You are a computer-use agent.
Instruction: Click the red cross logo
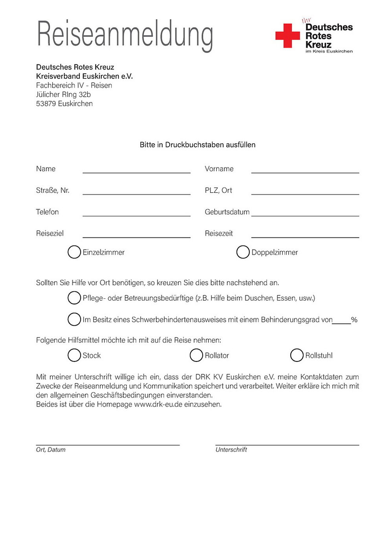pos(287,36)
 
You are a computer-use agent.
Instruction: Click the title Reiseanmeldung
pos(125,35)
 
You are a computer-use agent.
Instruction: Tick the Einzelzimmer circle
pos(74,252)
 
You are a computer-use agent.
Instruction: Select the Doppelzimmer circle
pos(243,252)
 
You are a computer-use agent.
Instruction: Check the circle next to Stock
pos(74,355)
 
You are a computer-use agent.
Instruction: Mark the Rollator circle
pos(196,355)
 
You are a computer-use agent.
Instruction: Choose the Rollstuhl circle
pos(297,355)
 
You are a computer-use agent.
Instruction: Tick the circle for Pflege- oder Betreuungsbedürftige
pos(74,298)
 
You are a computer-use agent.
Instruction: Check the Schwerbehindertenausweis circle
pos(74,319)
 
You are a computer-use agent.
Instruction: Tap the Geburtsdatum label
pos(227,212)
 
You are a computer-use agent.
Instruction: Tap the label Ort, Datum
pos(51,450)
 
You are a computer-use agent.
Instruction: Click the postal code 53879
pos(46,104)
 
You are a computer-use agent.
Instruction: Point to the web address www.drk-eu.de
pos(158,404)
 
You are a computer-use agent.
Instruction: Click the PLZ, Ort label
pos(218,190)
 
